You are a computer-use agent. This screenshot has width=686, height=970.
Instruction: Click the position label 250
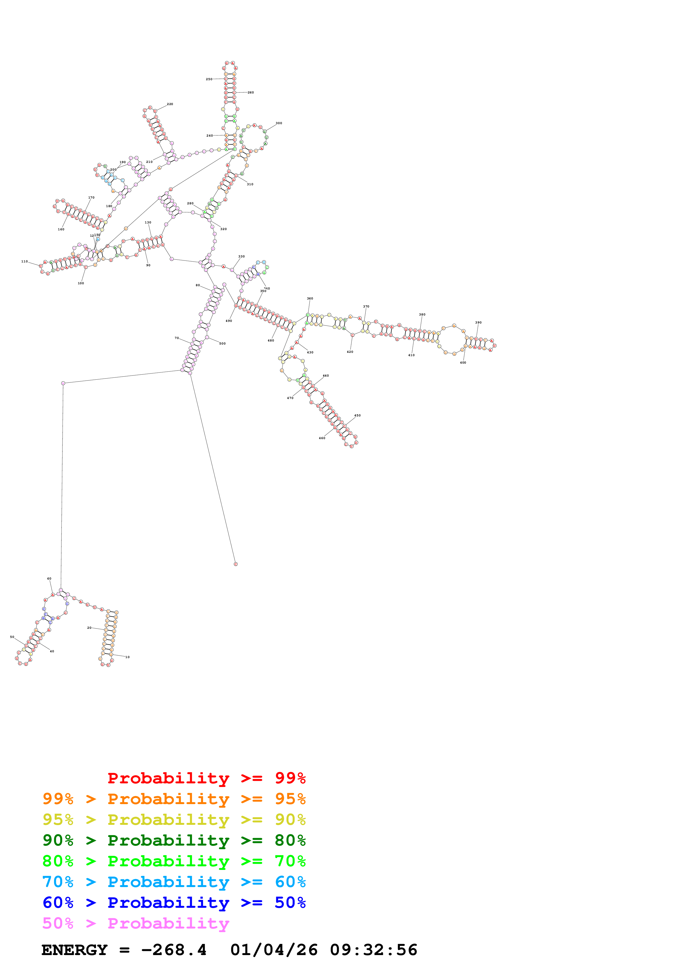click(x=209, y=79)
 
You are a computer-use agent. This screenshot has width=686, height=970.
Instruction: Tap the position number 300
click(x=279, y=123)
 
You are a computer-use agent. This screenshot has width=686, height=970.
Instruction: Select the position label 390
click(x=478, y=322)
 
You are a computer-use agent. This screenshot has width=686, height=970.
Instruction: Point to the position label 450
click(x=357, y=415)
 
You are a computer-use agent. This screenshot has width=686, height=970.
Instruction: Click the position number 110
click(x=25, y=262)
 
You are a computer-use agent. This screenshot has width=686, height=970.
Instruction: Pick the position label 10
click(x=127, y=657)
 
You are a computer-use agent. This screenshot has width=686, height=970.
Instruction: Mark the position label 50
click(x=12, y=637)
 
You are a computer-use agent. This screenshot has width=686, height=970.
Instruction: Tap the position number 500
click(x=222, y=343)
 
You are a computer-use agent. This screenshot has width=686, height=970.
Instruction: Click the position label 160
click(x=61, y=230)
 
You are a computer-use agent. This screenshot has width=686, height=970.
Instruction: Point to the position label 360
click(x=310, y=299)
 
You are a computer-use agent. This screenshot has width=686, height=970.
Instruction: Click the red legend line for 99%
click(x=206, y=778)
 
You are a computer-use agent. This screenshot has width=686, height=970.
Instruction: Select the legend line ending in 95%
click(x=174, y=799)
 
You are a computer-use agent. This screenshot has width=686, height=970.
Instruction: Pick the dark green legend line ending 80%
click(x=174, y=840)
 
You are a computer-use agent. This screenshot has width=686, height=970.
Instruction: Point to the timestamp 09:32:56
click(x=373, y=950)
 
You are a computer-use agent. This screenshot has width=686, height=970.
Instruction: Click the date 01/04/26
click(x=273, y=950)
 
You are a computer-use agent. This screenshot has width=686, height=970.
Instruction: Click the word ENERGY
click(x=74, y=950)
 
